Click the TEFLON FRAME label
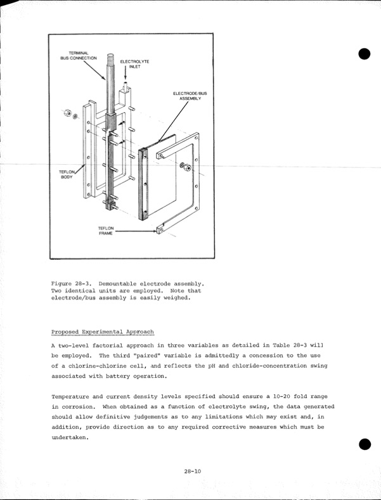tap(106, 231)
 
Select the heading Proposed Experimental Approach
tap(102, 332)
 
